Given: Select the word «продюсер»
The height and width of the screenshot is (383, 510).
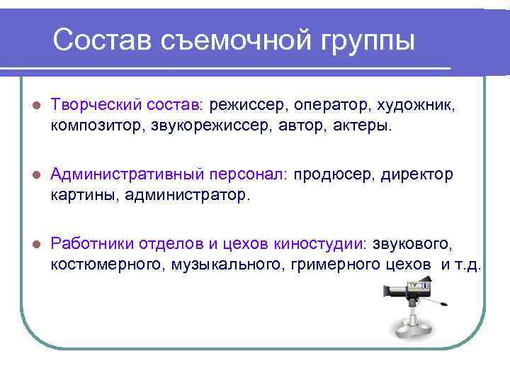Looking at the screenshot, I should pos(335,174).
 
